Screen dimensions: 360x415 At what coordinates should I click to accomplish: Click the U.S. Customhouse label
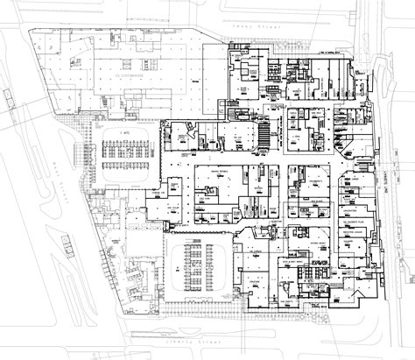point(126,77)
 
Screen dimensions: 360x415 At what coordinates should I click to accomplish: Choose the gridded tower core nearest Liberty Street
point(207,267)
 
